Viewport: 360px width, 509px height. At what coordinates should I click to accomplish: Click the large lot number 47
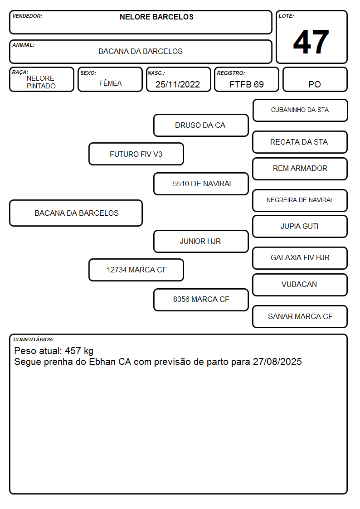pos(311,42)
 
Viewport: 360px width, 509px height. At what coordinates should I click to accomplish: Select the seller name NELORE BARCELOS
pos(156,17)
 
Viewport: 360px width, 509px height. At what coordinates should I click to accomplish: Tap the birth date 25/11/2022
pos(178,84)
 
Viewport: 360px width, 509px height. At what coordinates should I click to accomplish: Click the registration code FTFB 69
pos(246,84)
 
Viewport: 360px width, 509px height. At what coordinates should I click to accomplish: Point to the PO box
pos(315,79)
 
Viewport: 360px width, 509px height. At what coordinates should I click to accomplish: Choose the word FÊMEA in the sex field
pos(110,83)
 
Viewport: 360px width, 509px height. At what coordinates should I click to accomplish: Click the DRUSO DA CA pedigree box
pos(201,125)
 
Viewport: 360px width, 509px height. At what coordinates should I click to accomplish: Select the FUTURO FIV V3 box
pos(136,154)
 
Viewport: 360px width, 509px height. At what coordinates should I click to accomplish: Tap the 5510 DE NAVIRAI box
pos(201,184)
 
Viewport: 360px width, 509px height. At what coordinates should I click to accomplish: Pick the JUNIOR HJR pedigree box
pos(201,241)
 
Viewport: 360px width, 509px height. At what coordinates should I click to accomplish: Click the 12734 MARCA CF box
pos(136,270)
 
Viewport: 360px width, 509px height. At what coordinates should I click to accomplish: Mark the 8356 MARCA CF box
pos(201,300)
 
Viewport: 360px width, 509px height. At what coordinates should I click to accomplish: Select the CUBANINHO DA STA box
pos(300,111)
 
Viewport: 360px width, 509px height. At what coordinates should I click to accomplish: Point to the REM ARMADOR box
pos(300,169)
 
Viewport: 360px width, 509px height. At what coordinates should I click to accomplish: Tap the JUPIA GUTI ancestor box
pos(300,226)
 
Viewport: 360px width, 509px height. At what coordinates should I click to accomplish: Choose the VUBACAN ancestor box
pos(300,285)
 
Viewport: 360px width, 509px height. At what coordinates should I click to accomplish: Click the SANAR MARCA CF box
pos(300,316)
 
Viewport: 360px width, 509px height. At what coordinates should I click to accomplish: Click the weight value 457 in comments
pos(73,350)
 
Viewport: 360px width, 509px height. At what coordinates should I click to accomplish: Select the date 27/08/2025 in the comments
pos(277,362)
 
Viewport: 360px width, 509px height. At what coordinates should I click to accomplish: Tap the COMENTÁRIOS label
pos(34,339)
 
